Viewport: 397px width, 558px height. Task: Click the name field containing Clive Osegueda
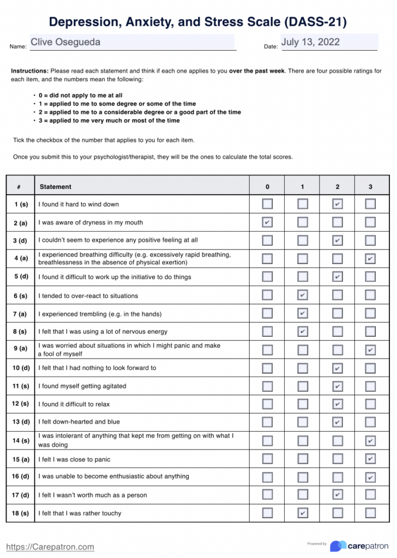coord(132,43)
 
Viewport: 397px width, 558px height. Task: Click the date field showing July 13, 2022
coord(329,43)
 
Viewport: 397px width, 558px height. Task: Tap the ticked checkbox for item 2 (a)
coord(267,222)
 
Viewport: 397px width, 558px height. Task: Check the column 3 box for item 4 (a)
coord(370,258)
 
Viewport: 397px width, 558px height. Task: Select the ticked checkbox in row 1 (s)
coord(338,204)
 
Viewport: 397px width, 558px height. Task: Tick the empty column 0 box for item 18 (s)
coord(267,513)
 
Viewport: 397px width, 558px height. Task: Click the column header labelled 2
coord(338,186)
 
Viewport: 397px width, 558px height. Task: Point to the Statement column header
coord(55,186)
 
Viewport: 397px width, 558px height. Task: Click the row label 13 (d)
coord(21,422)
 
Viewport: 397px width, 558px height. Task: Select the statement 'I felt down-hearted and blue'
coord(79,422)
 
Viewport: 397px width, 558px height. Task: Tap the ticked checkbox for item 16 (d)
coord(370,477)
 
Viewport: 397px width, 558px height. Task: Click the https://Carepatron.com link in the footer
coord(50,547)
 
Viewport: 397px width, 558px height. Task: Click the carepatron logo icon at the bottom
coord(338,545)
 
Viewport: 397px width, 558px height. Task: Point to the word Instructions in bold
coord(29,71)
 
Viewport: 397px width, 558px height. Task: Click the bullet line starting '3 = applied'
coord(109,120)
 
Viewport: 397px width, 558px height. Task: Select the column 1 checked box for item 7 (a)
coord(303,313)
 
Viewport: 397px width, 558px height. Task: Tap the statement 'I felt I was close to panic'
coord(74,459)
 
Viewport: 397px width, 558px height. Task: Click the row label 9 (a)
coord(21,349)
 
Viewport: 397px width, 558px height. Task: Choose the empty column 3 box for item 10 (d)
coord(370,368)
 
